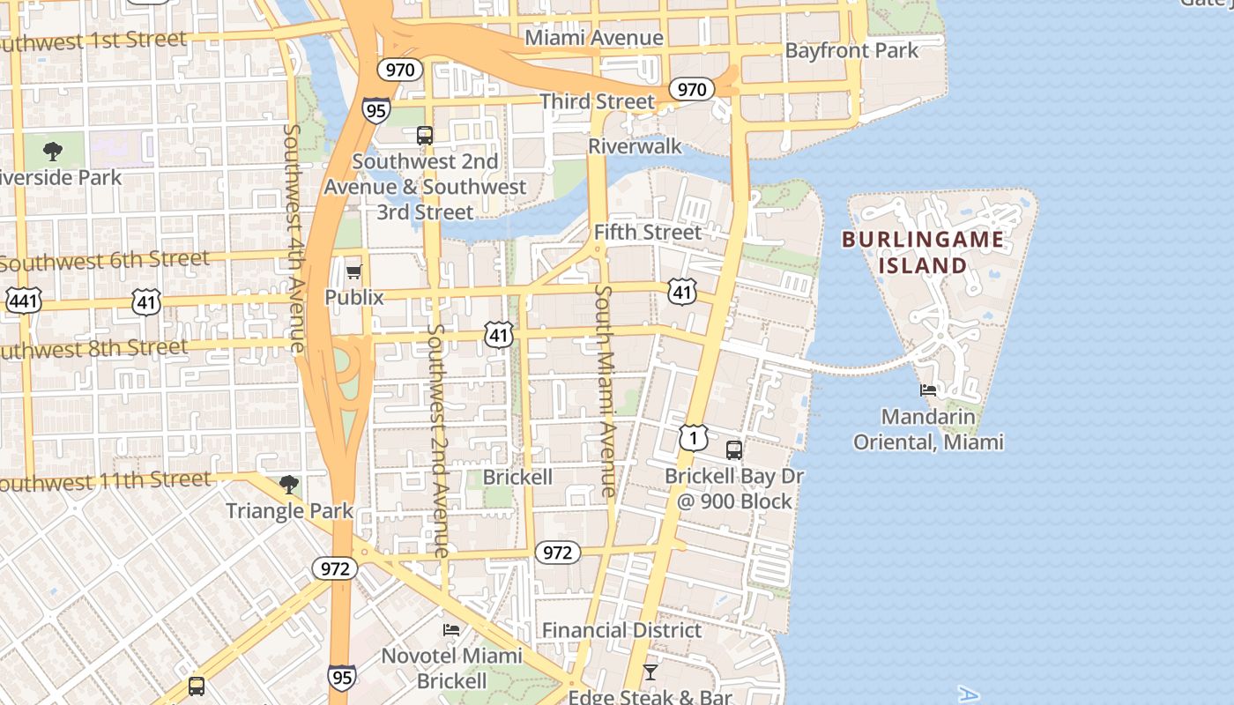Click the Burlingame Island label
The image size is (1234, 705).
922,252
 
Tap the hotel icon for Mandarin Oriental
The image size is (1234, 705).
928,390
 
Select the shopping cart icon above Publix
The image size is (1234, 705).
354,271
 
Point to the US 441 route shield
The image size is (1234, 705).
23,301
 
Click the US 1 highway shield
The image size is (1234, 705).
693,437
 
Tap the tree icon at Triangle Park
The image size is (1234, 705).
288,484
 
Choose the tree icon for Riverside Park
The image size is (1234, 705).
53,151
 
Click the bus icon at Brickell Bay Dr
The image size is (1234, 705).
733,450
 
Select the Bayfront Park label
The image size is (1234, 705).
851,50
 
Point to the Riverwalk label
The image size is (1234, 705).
635,145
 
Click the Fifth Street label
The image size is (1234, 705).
648,232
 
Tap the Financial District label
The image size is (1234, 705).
621,630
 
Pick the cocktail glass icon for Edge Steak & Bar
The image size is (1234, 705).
650,672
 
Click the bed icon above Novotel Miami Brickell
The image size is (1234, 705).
451,629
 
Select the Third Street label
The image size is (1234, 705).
598,101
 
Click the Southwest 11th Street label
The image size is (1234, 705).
106,481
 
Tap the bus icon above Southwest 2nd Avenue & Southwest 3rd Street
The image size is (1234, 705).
425,135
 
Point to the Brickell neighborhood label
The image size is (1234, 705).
517,477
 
